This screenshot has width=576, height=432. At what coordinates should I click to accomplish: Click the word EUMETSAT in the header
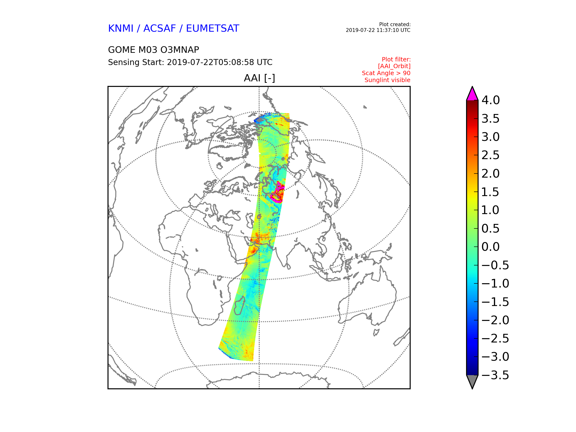click(x=212, y=28)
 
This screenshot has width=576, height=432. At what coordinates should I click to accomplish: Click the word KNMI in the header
click(x=120, y=28)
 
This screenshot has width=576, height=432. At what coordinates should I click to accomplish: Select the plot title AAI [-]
click(x=259, y=78)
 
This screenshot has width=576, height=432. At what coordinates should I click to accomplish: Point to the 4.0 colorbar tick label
click(x=490, y=100)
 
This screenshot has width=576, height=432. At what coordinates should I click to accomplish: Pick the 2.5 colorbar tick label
click(x=490, y=155)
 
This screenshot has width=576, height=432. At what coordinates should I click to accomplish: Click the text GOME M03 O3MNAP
click(x=153, y=50)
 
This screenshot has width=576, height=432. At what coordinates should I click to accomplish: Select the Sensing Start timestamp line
click(x=190, y=62)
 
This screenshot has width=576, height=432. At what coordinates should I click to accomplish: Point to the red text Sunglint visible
click(x=387, y=80)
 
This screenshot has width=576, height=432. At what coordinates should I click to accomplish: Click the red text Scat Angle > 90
click(x=386, y=73)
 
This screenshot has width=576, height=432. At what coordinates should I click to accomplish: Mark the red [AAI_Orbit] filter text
click(x=394, y=66)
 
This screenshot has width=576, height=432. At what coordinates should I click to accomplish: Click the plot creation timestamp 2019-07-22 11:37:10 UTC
click(x=378, y=30)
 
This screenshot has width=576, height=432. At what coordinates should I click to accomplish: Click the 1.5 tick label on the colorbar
click(x=490, y=192)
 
